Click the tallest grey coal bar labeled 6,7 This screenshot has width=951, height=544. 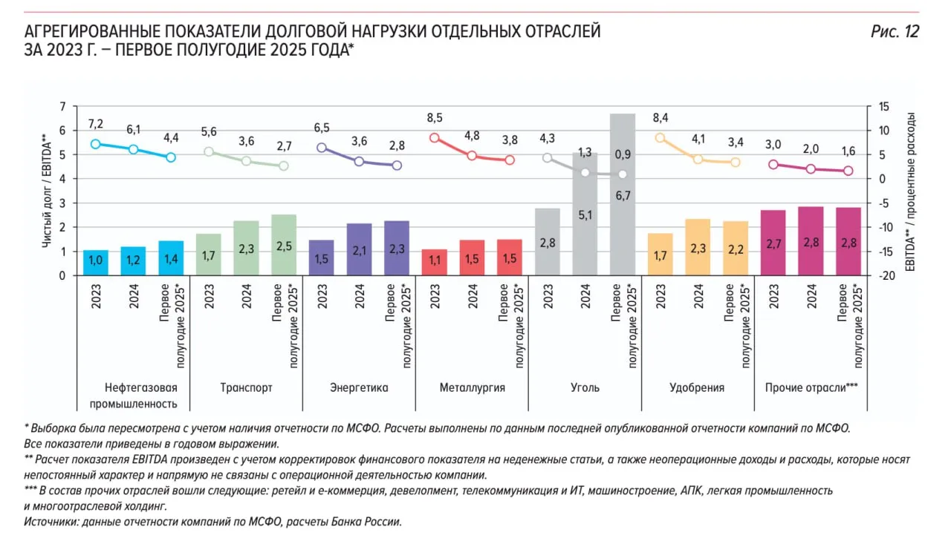[623, 194]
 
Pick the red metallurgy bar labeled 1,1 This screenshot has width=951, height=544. [435, 263]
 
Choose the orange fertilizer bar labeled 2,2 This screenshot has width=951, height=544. [736, 248]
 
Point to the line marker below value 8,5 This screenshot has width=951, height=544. [435, 138]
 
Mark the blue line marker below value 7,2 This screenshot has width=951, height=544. [96, 144]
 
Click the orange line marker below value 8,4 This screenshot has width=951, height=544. [660, 138]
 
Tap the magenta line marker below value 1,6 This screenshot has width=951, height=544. [848, 171]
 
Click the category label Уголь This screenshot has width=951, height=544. [585, 387]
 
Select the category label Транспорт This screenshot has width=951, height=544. [246, 387]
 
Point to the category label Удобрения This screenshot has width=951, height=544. [696, 387]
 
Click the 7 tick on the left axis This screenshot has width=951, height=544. [62, 107]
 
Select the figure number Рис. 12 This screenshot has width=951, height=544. [895, 32]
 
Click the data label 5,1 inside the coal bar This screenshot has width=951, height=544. [585, 216]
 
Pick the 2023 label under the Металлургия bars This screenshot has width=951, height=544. [435, 296]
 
